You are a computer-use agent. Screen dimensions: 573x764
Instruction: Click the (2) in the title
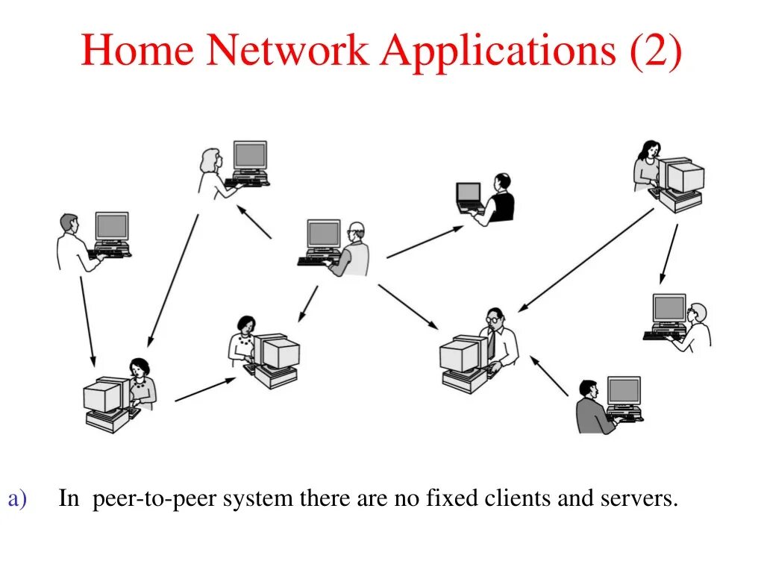click(655, 51)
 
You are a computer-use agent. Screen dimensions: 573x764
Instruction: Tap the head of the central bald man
click(357, 231)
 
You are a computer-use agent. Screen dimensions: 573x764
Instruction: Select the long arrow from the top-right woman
click(586, 260)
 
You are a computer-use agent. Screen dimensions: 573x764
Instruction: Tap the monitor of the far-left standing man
click(112, 226)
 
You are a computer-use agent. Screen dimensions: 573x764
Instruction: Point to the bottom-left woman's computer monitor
click(102, 397)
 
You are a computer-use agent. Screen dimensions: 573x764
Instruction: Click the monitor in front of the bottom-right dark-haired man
click(624, 392)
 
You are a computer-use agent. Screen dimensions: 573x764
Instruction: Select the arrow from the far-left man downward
click(87, 322)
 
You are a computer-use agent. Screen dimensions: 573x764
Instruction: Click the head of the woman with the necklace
click(245, 325)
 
